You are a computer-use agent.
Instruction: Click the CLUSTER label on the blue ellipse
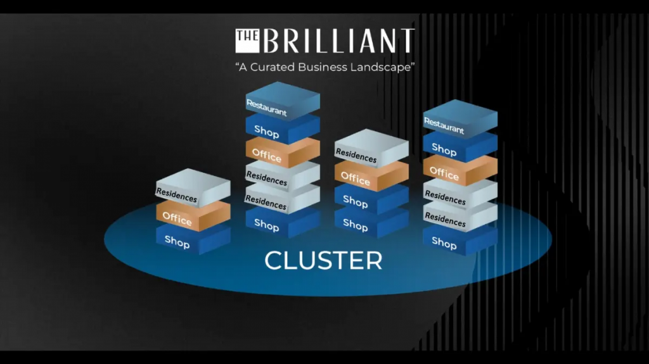(x=323, y=260)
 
